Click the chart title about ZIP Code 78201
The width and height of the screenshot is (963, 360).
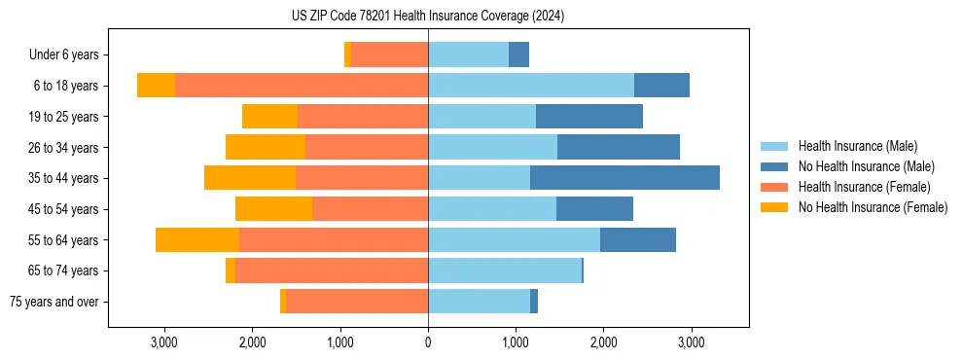(427, 16)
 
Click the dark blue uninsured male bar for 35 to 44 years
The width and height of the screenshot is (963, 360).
(624, 178)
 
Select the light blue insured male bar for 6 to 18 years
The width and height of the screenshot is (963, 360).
(531, 86)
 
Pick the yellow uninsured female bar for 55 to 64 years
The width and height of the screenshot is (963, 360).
(197, 240)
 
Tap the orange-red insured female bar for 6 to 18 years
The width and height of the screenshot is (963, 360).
(302, 86)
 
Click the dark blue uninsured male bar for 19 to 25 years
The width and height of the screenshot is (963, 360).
(589, 117)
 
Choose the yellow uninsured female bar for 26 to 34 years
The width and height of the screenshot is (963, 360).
(266, 148)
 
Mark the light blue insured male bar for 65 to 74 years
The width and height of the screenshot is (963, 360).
(505, 270)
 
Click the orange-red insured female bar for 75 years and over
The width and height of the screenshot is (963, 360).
(357, 302)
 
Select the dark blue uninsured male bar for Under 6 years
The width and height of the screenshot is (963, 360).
(519, 55)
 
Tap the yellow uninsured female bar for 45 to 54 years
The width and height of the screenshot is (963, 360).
(273, 209)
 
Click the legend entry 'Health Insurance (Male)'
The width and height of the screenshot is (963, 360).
(857, 146)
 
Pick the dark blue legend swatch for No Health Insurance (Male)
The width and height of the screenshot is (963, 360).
(774, 166)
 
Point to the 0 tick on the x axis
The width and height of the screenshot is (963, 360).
(428, 342)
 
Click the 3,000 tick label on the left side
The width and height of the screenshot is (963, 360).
(163, 342)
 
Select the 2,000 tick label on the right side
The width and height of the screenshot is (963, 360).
(603, 342)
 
